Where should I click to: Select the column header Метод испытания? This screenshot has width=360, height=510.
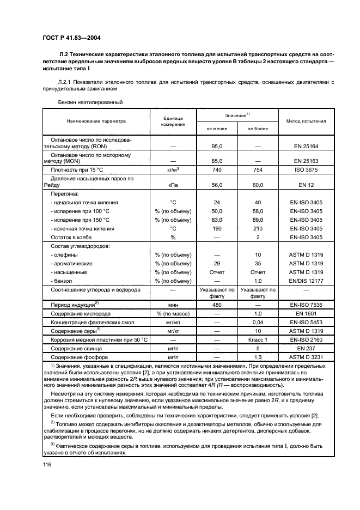306,121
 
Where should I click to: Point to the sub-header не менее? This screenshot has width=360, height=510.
217,129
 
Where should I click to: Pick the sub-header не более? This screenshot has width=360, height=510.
258,129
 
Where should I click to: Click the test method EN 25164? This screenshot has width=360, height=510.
305,146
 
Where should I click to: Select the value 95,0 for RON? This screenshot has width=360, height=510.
217,146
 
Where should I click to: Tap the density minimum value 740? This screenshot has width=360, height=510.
217,170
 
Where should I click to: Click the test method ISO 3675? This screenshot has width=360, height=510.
305,170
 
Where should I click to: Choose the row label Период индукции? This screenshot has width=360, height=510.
75,305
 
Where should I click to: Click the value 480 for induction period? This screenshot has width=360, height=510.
217,305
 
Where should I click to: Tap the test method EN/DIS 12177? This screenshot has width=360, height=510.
305,280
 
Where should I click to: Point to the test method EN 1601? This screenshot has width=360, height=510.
305,314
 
